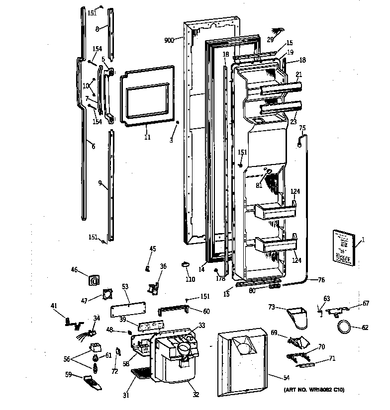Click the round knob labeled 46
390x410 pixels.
coord(93,281)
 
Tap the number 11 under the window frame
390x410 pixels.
coord(147,137)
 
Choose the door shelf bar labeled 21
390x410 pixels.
coord(281,88)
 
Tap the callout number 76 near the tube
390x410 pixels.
coord(321,280)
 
